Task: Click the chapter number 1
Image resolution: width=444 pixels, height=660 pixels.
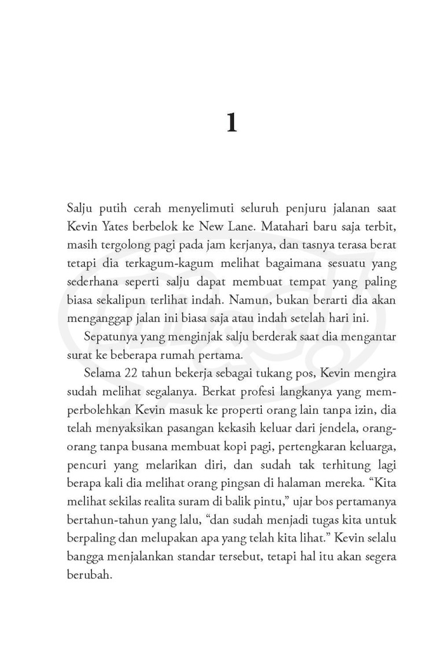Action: tap(231, 123)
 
